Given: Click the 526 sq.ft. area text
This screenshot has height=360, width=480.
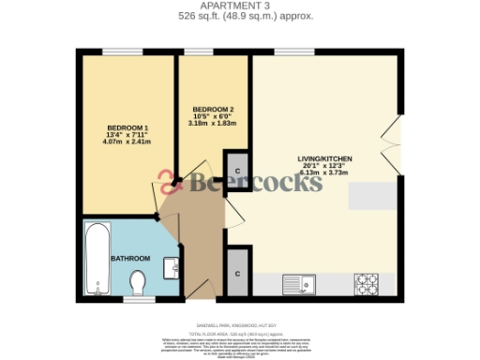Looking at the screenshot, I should (x=240, y=16).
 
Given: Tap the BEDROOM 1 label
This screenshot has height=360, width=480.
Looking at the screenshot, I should (x=127, y=127).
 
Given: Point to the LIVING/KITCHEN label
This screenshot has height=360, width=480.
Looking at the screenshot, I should (x=323, y=160).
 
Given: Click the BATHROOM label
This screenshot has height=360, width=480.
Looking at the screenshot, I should (x=130, y=258).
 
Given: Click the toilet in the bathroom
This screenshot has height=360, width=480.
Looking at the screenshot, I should (x=139, y=280).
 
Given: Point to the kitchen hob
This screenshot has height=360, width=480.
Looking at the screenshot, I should (x=366, y=282).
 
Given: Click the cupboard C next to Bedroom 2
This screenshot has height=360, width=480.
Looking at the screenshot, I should (x=238, y=170).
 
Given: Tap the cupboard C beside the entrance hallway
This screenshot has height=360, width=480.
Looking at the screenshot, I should (x=238, y=273).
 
